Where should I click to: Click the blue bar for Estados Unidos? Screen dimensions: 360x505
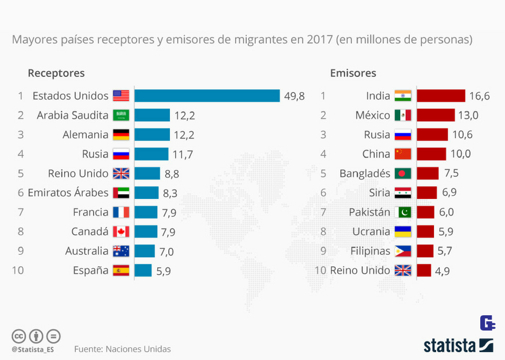(207, 96)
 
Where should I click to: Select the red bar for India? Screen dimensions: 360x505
(441, 96)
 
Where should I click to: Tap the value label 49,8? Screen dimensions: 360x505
(294, 96)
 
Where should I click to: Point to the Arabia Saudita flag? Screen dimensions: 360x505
(121, 115)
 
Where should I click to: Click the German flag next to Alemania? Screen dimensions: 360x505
(121, 135)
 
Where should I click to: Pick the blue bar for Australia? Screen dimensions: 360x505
(145, 251)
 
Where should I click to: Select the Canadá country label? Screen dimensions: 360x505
(90, 232)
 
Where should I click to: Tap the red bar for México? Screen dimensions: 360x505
(436, 115)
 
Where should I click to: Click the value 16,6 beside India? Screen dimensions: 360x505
(479, 96)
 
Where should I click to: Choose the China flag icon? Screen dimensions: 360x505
(402, 154)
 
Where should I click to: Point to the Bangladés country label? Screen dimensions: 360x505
(365, 174)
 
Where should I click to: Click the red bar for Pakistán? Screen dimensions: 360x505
(426, 212)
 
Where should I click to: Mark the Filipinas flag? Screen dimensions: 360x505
(402, 251)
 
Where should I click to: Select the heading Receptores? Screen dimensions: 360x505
(56, 73)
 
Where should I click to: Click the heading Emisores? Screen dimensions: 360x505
(353, 73)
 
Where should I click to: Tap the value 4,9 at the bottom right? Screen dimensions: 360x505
(442, 271)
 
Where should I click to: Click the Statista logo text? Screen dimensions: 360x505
(450, 345)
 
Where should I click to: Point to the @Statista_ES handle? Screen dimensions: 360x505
(33, 349)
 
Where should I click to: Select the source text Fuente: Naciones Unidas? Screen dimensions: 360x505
(123, 349)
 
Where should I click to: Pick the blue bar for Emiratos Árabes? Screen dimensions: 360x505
(146, 193)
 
